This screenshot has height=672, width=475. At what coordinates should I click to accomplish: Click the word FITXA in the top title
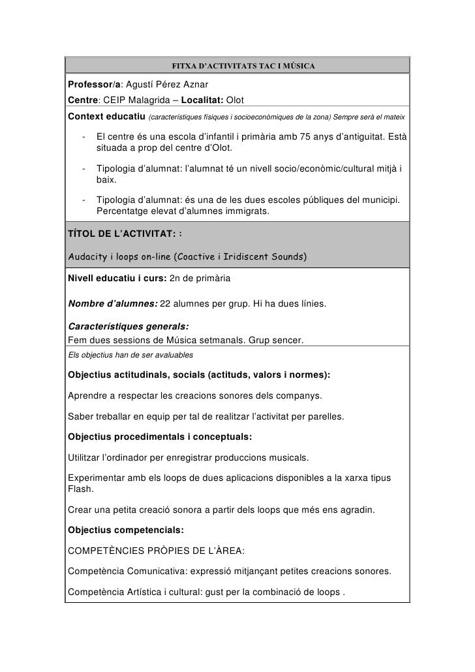tap(182, 66)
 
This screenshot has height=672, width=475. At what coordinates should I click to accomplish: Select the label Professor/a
tap(91, 86)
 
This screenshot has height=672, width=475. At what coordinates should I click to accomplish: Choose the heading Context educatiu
tap(106, 116)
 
